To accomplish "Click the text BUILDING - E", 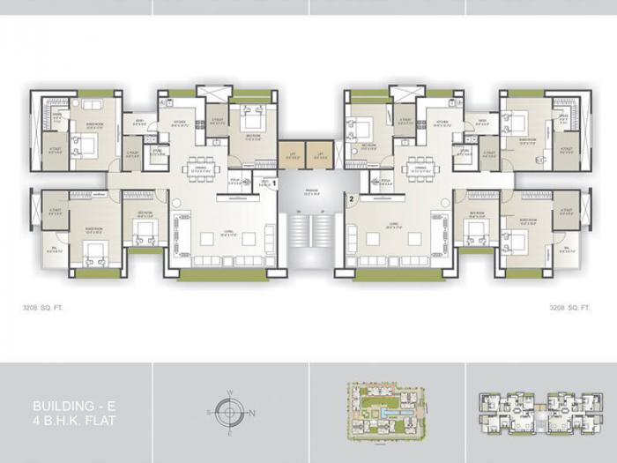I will (67, 406).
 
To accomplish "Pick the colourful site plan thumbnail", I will (386, 410).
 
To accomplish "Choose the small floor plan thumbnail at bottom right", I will (541, 410).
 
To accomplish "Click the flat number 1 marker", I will (274, 183).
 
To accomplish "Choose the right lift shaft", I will (320, 156).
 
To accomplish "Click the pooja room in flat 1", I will (236, 183).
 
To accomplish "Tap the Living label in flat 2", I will (393, 227).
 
